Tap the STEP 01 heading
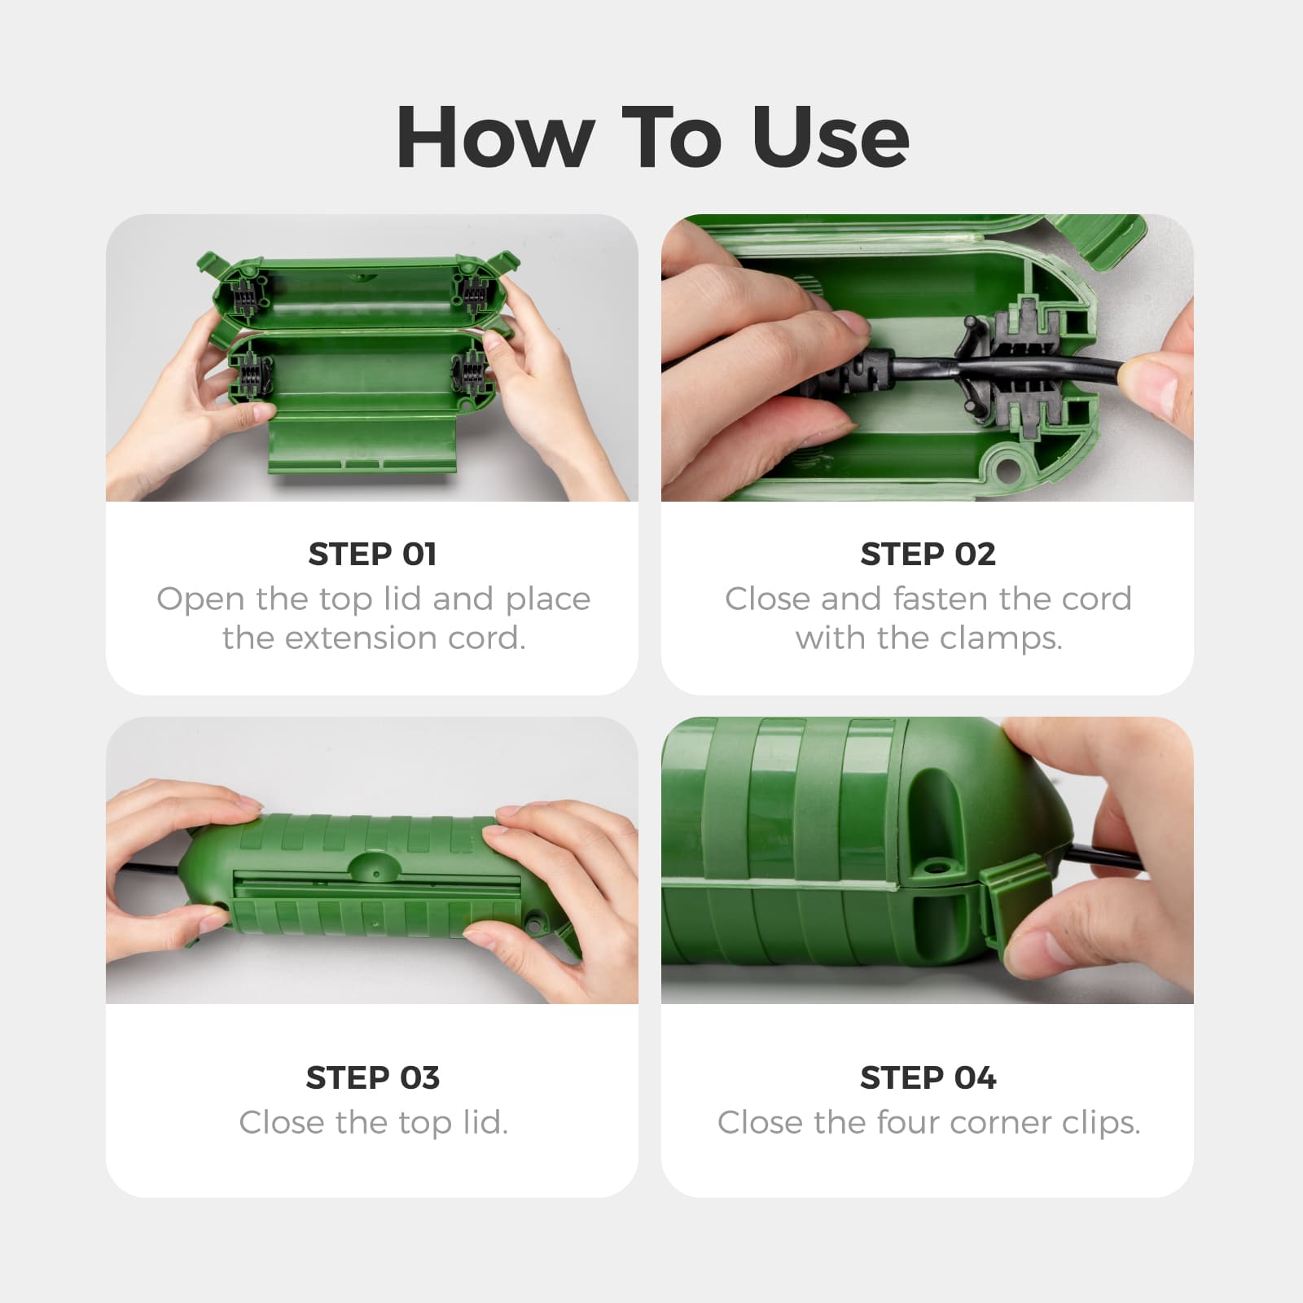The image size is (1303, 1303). click(372, 554)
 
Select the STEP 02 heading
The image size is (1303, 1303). click(928, 554)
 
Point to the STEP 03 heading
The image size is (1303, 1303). click(372, 1077)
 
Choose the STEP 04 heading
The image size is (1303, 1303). click(928, 1077)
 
